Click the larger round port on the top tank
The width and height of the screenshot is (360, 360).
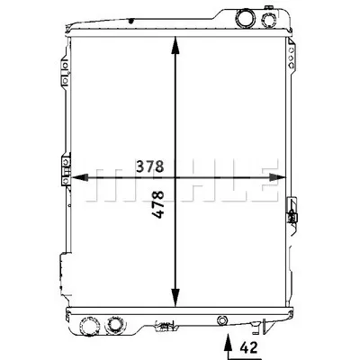(x=245, y=18)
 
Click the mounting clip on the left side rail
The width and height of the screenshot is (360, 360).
(x=64, y=170)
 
